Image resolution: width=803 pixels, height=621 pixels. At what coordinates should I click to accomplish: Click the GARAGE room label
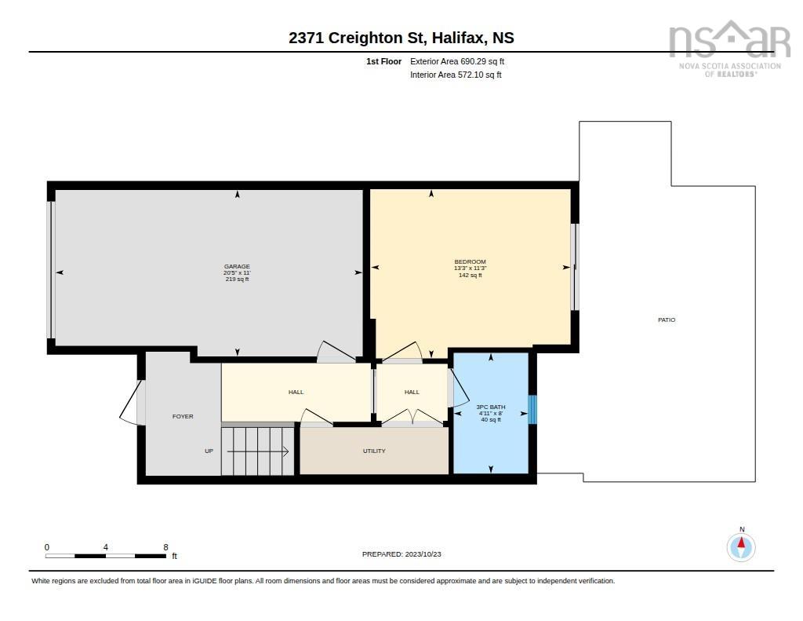(x=237, y=267)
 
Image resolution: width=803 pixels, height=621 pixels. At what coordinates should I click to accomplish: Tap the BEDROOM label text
(x=471, y=261)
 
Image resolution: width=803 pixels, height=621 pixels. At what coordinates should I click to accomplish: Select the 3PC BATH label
(x=491, y=407)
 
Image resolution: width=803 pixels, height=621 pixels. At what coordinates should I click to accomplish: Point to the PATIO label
(x=667, y=320)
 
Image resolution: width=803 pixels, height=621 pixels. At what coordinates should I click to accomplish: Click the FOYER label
(x=183, y=416)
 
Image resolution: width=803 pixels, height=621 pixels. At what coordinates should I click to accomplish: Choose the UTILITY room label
(x=374, y=451)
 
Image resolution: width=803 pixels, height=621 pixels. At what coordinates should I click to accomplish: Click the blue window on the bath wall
(x=532, y=409)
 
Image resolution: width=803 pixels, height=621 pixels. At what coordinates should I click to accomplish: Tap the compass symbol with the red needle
(x=741, y=547)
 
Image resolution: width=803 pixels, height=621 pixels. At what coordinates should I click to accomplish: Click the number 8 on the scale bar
(x=165, y=547)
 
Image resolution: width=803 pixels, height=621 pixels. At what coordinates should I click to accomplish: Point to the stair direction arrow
(x=257, y=451)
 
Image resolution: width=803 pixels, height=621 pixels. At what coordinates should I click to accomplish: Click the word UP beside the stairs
(x=209, y=451)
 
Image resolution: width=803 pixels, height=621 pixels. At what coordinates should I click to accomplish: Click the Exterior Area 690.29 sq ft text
(x=457, y=61)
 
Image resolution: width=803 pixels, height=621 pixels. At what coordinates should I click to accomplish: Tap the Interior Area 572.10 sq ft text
(x=456, y=75)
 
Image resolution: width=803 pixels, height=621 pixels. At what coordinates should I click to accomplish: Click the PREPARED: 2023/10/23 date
(x=401, y=554)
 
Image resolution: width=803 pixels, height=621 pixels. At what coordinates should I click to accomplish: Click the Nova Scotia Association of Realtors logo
(x=730, y=49)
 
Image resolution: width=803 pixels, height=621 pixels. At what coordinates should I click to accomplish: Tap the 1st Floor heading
(x=383, y=61)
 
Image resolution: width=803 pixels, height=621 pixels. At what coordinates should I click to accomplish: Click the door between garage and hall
(x=336, y=352)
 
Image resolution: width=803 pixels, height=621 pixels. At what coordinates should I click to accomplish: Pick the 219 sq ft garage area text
(x=237, y=279)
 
